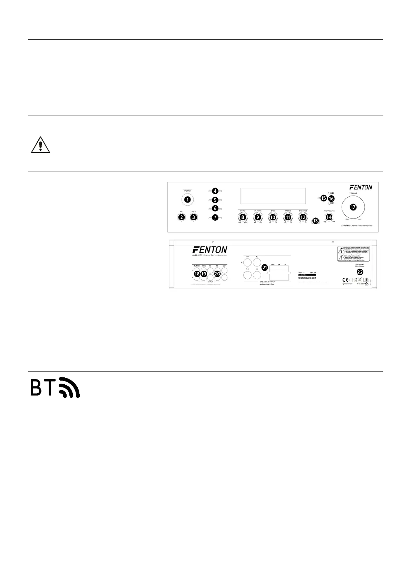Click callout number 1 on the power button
tap(187, 199)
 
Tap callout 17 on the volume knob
tap(353, 207)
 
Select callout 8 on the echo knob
tap(243, 217)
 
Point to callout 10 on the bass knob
tap(273, 217)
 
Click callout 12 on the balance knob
tap(303, 217)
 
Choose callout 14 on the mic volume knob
tap(329, 217)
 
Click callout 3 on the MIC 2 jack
tap(194, 217)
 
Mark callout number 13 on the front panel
tap(315, 220)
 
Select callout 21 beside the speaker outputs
tap(265, 267)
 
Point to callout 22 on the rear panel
tap(360, 272)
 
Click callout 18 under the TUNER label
tap(197, 273)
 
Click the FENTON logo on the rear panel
tap(209, 250)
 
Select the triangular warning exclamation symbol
tap(41, 145)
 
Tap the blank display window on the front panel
tap(273, 196)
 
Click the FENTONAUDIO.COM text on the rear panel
tap(307, 278)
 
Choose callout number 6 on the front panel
tap(215, 208)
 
